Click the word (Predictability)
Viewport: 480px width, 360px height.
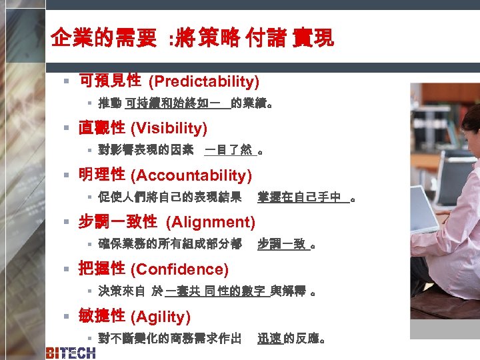click(x=203, y=82)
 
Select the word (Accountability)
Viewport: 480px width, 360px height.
click(x=191, y=175)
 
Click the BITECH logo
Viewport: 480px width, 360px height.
click(x=70, y=353)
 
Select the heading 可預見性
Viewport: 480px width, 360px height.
click(x=110, y=81)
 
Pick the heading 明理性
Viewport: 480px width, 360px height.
click(x=101, y=175)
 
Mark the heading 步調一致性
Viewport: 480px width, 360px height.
click(x=118, y=221)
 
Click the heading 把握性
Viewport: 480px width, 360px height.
click(x=101, y=269)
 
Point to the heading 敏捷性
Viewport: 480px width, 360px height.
click(x=101, y=316)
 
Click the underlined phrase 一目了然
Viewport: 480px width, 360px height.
click(x=228, y=150)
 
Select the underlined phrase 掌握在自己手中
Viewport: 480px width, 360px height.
click(x=299, y=197)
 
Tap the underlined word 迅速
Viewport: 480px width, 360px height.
click(x=269, y=339)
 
